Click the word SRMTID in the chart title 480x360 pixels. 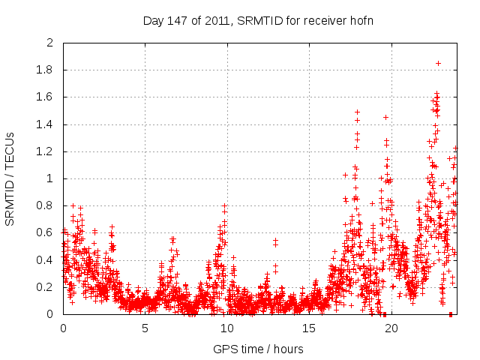click(257, 20)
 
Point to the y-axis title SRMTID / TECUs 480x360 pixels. click(10, 178)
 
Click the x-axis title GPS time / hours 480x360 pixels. click(258, 349)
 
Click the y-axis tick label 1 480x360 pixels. click(52, 178)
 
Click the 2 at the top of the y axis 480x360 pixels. click(52, 43)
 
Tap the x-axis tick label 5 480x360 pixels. click(145, 328)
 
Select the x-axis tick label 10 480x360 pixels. click(227, 328)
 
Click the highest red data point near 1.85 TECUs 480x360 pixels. click(438, 64)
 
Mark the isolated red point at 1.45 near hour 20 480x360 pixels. click(385, 117)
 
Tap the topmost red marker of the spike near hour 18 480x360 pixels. click(357, 112)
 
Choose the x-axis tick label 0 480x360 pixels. click(64, 328)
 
